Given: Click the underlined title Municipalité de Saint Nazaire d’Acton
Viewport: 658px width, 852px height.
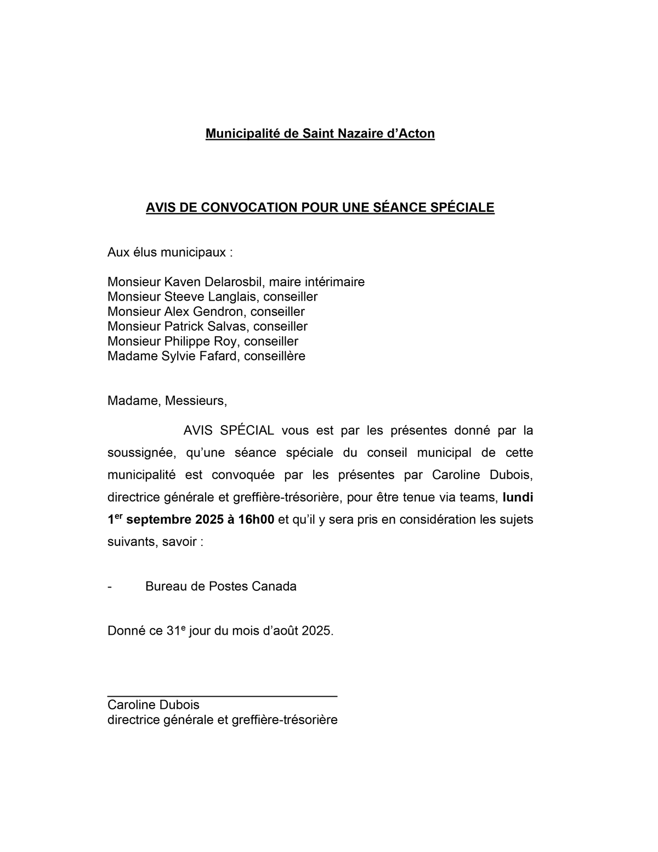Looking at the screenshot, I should [x=320, y=133].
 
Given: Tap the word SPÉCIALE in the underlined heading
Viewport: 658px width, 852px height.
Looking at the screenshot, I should [x=466, y=207].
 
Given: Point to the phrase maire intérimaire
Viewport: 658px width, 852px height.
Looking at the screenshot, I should [x=316, y=282].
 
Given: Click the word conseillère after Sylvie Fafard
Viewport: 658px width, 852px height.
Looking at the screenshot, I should [x=274, y=356].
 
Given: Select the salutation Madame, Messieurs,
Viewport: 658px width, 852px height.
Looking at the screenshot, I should [x=167, y=400].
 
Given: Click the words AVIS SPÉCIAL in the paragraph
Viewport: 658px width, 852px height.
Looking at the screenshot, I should [x=229, y=430].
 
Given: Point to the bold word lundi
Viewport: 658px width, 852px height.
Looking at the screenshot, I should [x=518, y=498].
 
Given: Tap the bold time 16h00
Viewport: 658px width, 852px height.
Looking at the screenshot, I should [x=256, y=520].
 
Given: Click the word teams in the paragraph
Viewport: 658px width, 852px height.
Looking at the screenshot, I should [x=479, y=498].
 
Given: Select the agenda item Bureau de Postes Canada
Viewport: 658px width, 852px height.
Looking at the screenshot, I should [x=220, y=586].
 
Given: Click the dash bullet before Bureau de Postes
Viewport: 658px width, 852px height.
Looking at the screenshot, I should [x=110, y=586].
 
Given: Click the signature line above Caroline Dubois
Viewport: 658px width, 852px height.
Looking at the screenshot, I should [x=222, y=695].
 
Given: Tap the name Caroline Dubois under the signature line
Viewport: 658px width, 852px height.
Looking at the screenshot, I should [x=153, y=705].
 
